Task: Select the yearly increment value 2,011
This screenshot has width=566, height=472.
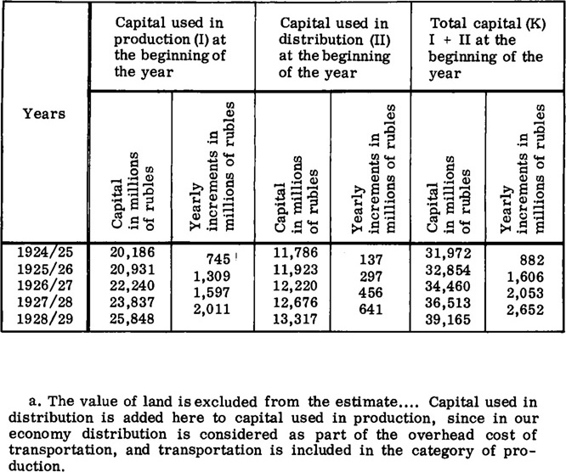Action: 211,311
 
